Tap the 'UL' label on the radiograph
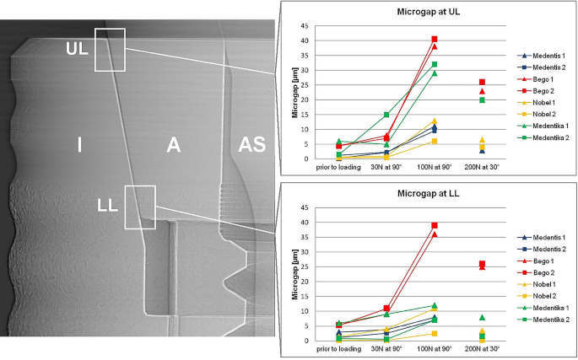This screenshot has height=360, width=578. (77, 49)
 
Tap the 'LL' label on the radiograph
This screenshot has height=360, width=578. (107, 204)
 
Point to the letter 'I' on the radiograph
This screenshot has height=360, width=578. (78, 145)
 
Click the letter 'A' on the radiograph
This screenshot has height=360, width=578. (173, 145)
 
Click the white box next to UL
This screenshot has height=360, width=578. (110, 50)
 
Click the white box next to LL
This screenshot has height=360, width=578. (140, 207)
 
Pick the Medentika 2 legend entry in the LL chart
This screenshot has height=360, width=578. (544, 320)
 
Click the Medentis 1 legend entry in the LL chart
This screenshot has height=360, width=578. (544, 237)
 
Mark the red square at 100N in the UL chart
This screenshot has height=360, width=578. (435, 40)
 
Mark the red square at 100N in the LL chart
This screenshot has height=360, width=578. (435, 226)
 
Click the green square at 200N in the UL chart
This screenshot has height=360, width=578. (482, 99)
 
